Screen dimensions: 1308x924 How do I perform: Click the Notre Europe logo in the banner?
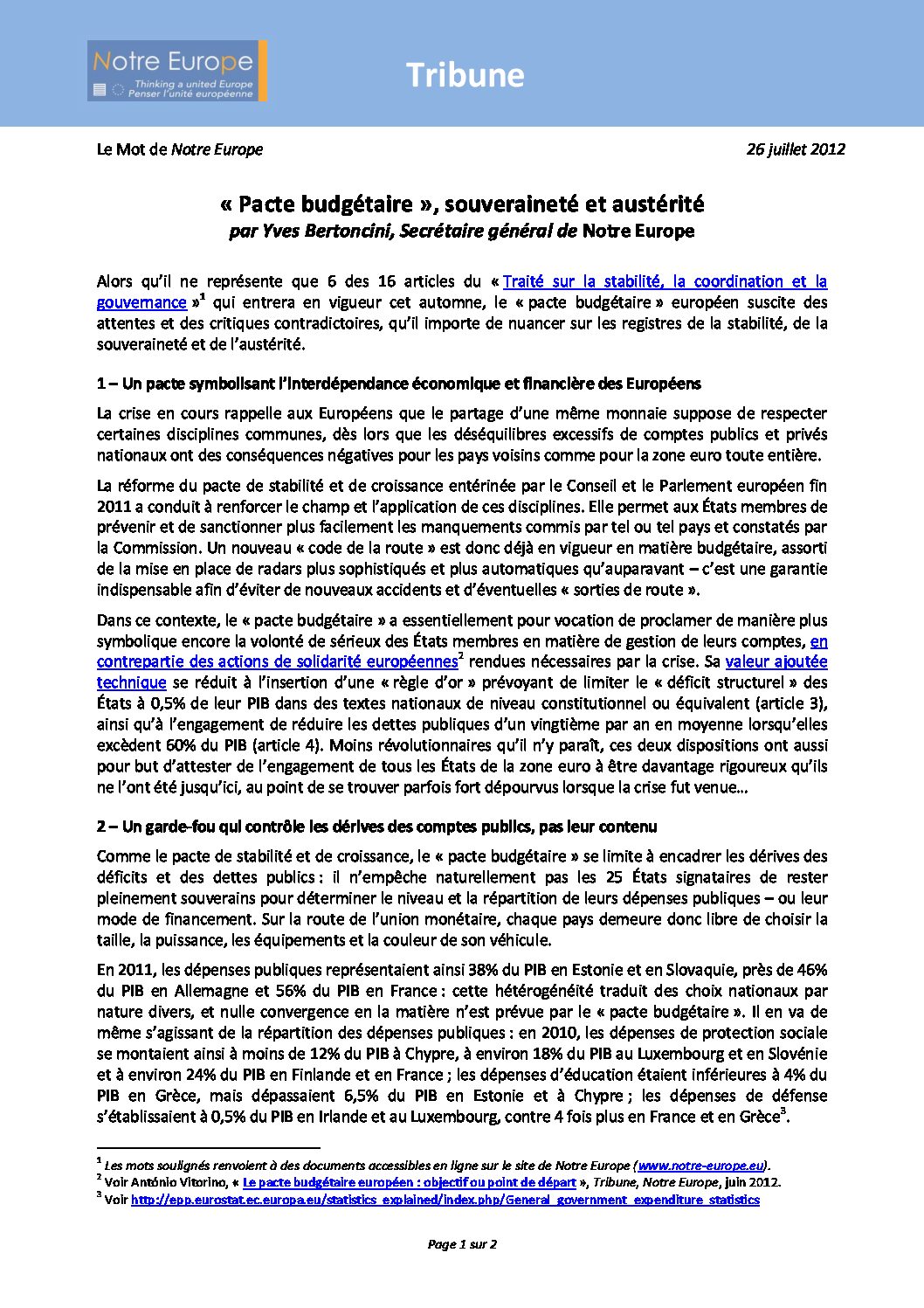click(176, 71)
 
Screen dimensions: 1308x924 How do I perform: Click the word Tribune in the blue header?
click(465, 75)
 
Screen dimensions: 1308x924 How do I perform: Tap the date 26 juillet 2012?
click(795, 149)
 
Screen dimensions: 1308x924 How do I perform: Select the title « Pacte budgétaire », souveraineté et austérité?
click(462, 204)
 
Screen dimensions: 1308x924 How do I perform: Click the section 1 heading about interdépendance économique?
click(398, 384)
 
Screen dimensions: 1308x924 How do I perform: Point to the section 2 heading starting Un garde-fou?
click(376, 827)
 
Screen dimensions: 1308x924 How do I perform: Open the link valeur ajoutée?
click(776, 661)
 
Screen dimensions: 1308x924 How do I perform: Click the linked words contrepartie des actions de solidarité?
click(277, 661)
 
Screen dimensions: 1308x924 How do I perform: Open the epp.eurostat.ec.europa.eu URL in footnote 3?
click(445, 1200)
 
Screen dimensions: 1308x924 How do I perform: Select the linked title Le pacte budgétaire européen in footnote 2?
click(409, 1182)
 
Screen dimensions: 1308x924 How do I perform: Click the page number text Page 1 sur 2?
click(462, 1244)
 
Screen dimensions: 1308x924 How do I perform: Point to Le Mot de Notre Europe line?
click(179, 149)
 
